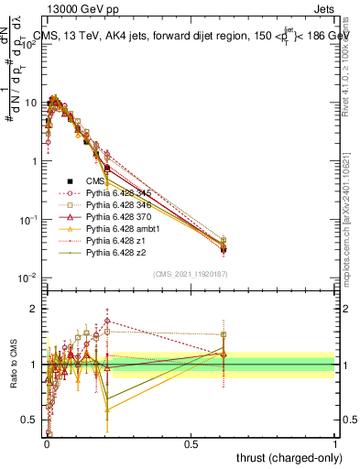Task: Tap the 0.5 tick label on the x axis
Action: (x=191, y=442)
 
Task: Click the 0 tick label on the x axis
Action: (x=47, y=442)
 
